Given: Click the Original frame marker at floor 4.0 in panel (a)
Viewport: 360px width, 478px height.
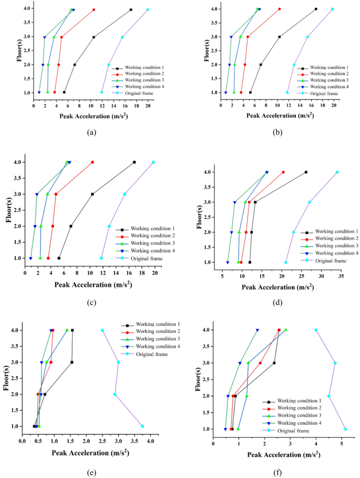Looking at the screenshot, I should coord(148,9).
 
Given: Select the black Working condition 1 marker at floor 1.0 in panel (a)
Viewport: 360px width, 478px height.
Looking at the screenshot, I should coord(64,92).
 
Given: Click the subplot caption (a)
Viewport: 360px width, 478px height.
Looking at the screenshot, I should coord(91,132).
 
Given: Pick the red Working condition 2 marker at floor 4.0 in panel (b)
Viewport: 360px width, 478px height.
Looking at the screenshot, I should coord(279,9).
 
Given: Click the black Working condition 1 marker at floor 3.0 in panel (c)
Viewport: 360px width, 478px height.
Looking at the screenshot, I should coord(92,194).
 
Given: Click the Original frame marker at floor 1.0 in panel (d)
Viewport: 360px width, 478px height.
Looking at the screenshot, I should coord(286,262).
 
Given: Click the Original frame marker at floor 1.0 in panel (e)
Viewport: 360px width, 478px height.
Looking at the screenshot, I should coord(142,426).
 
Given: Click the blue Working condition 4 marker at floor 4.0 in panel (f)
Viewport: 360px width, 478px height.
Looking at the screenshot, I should coord(257,330).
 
